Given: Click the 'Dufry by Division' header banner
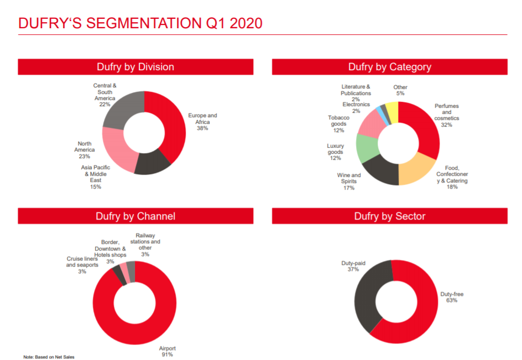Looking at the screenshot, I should [x=135, y=67].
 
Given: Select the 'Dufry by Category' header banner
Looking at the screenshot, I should [x=389, y=67].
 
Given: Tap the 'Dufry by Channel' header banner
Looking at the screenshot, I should [x=135, y=216].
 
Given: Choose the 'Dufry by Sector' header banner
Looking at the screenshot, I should [x=389, y=216].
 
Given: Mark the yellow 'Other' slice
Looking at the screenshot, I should [x=392, y=109].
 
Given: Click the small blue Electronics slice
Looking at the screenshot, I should [x=379, y=111].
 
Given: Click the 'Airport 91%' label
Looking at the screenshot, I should [x=167, y=351].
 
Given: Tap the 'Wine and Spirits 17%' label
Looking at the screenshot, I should [x=349, y=181].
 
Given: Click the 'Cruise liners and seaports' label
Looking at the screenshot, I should [x=82, y=264].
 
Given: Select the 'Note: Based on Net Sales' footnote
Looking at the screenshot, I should [x=49, y=357].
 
